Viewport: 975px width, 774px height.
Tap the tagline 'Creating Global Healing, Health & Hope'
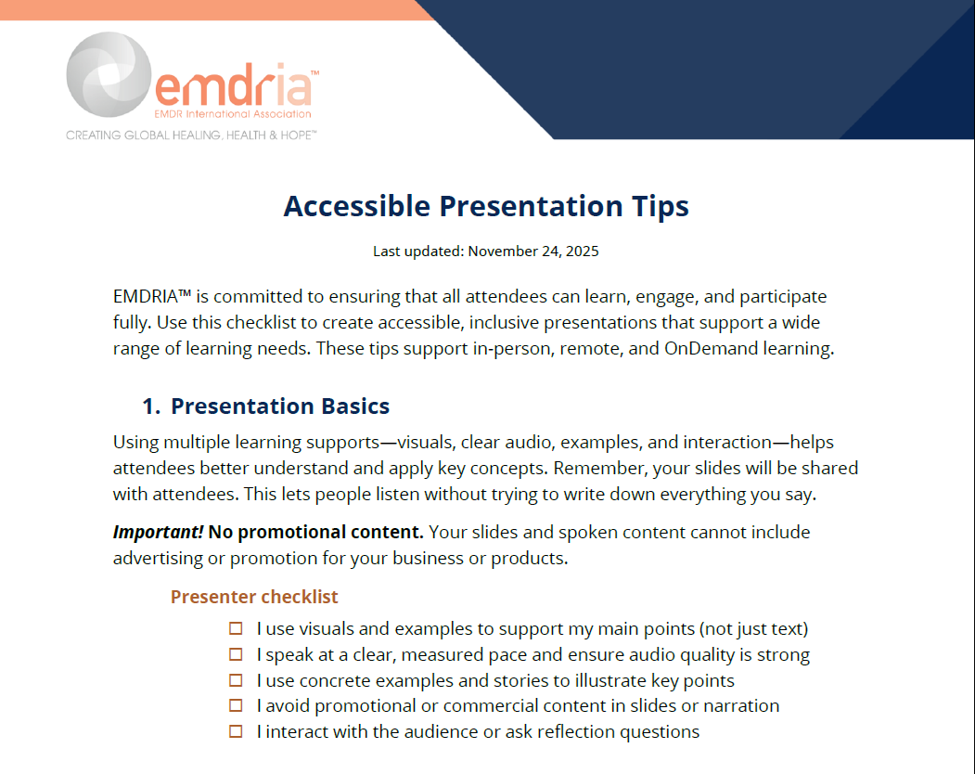click(191, 135)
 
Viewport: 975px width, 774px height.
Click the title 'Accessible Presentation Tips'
click(486, 206)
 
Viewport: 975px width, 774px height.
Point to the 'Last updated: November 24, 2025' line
click(486, 251)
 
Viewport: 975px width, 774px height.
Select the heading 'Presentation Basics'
click(280, 406)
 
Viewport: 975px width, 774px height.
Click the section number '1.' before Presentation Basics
click(151, 406)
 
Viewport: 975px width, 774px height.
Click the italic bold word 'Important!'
click(158, 533)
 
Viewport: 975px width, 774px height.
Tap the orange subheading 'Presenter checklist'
click(254, 597)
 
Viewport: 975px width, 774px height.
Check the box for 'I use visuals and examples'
click(236, 629)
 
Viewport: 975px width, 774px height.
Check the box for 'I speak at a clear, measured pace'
click(236, 655)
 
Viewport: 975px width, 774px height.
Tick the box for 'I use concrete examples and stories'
click(236, 680)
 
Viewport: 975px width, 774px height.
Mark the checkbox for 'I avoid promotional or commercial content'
click(236, 706)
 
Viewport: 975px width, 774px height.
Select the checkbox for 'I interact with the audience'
click(236, 731)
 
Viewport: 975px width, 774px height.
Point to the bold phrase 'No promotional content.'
click(315, 533)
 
